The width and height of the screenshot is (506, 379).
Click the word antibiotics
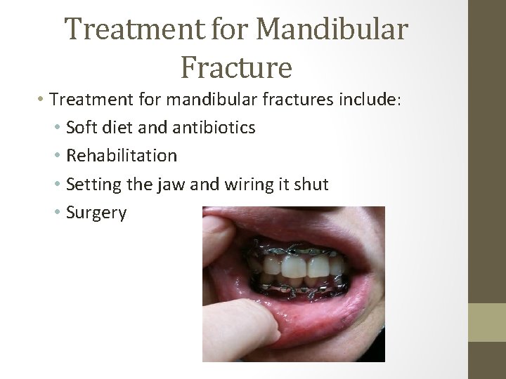click(213, 128)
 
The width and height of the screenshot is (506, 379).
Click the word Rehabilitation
click(121, 155)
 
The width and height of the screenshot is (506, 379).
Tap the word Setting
click(90, 183)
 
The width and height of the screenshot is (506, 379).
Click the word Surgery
click(96, 213)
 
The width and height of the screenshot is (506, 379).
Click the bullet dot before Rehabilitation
click(56, 156)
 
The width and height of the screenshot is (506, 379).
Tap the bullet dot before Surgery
click(56, 212)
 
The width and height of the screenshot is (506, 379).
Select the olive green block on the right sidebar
click(487, 322)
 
